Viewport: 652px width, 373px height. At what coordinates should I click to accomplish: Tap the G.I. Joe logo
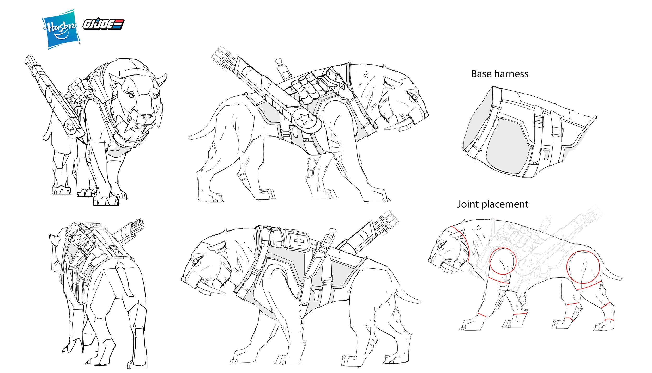click(104, 24)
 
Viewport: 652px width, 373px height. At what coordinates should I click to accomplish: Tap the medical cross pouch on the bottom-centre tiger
click(299, 241)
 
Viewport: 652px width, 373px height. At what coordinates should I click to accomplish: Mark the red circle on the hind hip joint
click(583, 267)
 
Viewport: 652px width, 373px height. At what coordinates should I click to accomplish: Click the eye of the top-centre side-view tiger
click(414, 97)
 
